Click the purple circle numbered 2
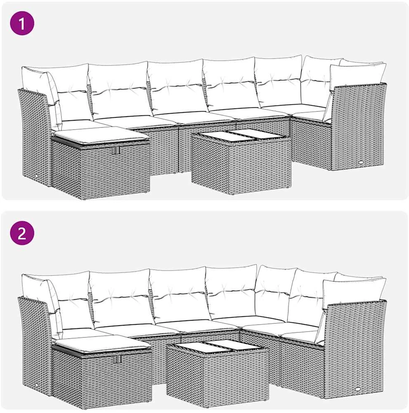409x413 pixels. pyautogui.click(x=22, y=233)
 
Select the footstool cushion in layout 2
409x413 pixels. pyautogui.click(x=102, y=344)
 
